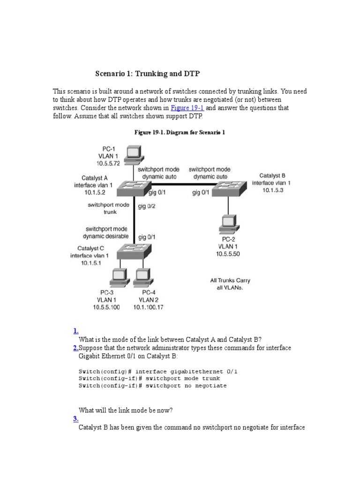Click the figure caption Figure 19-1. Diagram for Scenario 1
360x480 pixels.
(x=180, y=133)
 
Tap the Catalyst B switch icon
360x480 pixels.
(x=228, y=187)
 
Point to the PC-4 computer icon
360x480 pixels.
(x=142, y=277)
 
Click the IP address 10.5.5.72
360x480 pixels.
(x=109, y=163)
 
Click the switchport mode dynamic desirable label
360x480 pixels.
(x=105, y=232)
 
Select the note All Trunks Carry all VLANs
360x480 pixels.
(x=230, y=284)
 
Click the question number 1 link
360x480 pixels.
(x=76, y=331)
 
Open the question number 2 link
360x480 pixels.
(x=75, y=348)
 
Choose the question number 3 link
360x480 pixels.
(x=76, y=419)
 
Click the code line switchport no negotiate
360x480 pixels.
(x=152, y=385)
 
